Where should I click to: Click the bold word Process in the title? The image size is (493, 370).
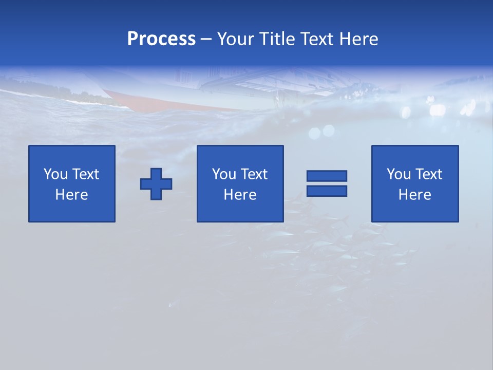tap(161, 39)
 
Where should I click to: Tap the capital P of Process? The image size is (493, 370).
tap(132, 39)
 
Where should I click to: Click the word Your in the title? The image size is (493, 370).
tap(237, 39)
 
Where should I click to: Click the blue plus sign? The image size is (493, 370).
tap(156, 184)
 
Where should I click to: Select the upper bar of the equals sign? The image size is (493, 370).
tap(327, 176)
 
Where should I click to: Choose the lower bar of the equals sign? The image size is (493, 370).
tap(327, 191)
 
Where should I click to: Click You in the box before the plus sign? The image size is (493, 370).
tap(55, 174)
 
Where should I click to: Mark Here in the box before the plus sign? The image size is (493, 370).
tap(71, 195)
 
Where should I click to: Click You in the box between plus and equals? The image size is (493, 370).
tap(224, 174)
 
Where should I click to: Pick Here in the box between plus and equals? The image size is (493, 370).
tap(240, 195)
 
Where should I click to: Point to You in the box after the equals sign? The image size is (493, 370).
tap(399, 174)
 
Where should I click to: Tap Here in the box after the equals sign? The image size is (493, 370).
tap(414, 195)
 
